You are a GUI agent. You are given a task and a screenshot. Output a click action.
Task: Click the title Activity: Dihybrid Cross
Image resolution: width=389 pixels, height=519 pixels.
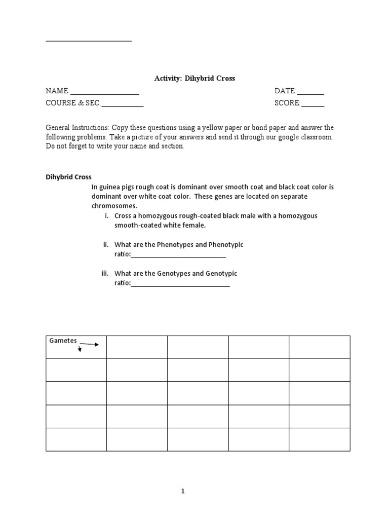tap(194, 79)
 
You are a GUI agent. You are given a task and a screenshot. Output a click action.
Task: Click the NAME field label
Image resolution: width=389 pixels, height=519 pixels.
tap(57, 91)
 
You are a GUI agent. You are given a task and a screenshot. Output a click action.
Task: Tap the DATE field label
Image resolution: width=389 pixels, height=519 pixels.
tap(285, 91)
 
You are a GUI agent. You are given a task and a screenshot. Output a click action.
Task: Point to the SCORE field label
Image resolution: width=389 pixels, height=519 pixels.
tap(287, 103)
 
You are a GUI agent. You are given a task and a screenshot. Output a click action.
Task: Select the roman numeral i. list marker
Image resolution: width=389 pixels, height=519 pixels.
tap(106, 216)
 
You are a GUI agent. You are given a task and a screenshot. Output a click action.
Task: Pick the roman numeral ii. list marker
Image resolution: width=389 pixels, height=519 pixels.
tap(106, 245)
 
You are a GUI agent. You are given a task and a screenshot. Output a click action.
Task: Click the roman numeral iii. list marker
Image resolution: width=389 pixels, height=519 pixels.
tap(105, 274)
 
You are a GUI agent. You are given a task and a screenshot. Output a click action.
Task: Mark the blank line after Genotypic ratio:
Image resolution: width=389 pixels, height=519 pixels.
tap(180, 285)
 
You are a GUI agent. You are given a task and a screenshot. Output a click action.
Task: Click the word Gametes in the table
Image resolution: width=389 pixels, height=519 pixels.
tap(62, 340)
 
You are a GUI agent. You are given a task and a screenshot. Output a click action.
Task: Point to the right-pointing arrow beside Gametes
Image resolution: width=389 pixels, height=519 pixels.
tap(89, 345)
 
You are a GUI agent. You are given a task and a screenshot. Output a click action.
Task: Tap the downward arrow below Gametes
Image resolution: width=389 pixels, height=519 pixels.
tap(80, 349)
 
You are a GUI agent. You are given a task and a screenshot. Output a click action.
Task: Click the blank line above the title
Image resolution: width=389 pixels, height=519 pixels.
tap(89, 41)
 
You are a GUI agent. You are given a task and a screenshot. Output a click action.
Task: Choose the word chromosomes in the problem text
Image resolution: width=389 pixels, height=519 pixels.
tap(114, 206)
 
